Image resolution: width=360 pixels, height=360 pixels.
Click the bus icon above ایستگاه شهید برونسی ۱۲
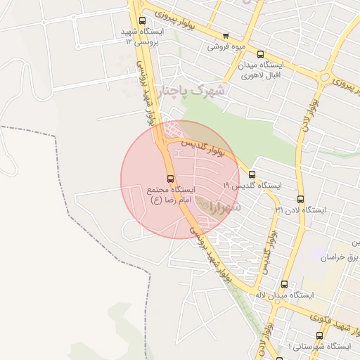click(143, 21)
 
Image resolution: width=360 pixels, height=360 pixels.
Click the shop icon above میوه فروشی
click(225, 36)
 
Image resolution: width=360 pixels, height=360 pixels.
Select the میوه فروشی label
click(225, 48)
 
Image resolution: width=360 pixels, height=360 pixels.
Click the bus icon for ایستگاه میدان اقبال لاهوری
click(260, 54)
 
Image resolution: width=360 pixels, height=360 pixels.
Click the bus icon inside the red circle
click(170, 179)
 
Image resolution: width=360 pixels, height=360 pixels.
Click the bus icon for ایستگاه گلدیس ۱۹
click(252, 174)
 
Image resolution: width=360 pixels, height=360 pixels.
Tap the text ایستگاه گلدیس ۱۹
click(252, 186)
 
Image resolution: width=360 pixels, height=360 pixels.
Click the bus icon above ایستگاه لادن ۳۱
click(301, 199)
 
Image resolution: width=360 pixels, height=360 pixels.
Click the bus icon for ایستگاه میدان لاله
click(284, 284)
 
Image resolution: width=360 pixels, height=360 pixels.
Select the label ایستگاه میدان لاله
click(281, 296)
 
